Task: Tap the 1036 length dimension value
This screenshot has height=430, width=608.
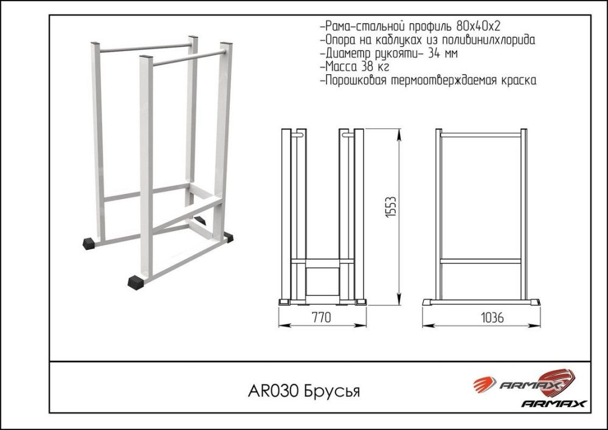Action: [492, 317]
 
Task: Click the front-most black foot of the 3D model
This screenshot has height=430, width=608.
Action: [136, 282]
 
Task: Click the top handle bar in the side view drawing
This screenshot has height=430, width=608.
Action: [480, 134]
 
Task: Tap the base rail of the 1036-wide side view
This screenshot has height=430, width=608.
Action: [480, 302]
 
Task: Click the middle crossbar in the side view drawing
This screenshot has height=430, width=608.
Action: [480, 262]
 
